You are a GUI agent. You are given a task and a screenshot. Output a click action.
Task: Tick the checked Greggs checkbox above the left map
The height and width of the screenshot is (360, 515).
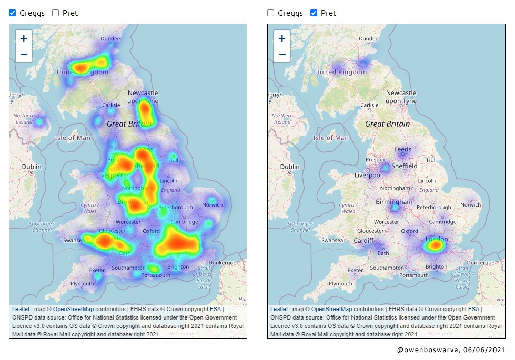coord(13,13)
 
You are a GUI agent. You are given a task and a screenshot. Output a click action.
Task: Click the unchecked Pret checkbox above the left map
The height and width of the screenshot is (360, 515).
coord(55,13)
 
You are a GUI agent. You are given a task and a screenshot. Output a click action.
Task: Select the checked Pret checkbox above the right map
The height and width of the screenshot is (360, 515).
coord(314,13)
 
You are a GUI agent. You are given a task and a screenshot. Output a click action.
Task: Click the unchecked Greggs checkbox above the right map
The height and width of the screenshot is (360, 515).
coord(270,13)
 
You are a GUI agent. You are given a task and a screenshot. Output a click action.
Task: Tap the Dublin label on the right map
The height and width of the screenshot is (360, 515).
coord(290,167)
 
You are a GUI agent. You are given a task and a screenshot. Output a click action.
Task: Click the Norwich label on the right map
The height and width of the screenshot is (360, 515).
coord(470,204)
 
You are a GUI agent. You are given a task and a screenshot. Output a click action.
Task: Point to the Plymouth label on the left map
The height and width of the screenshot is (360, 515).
coord(82,284)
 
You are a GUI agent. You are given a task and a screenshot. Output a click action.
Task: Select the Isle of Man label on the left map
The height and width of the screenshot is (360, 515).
coord(73,138)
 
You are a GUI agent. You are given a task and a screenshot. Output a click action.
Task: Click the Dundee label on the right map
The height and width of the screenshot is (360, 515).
coord(369,38)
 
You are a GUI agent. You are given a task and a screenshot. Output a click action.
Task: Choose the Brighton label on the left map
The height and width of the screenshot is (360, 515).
coord(178,267)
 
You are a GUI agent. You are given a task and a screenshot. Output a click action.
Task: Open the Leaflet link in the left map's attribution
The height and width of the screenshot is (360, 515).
coord(21,309)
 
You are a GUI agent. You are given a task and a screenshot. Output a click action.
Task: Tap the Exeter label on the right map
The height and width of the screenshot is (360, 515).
coord(356,270)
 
